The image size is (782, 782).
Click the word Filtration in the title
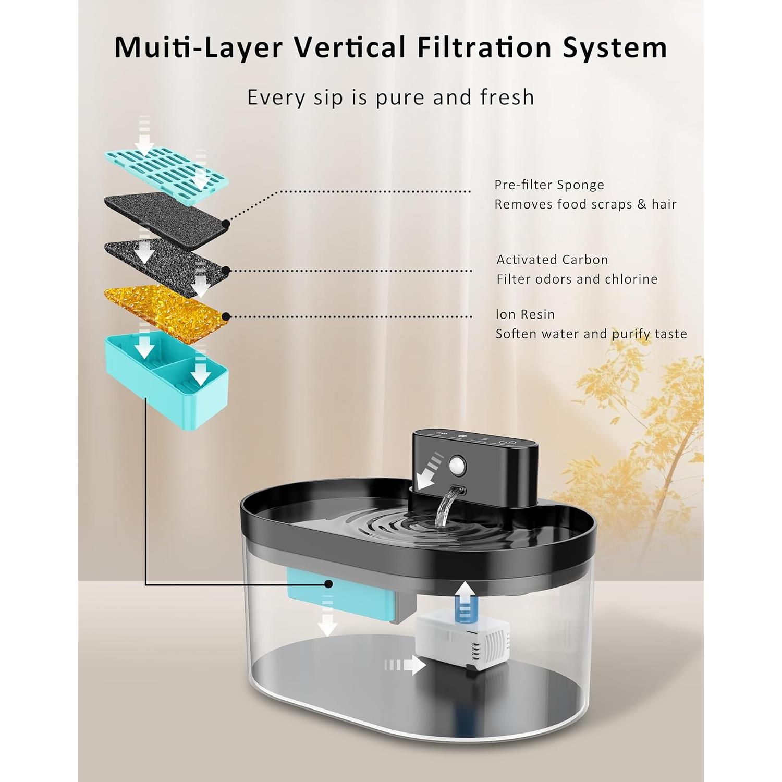pos(483,47)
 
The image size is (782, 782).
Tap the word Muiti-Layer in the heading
pos(199,47)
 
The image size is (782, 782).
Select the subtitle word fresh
pos(507,97)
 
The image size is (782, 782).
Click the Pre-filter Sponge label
pos(549,185)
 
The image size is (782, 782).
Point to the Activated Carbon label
pos(552,260)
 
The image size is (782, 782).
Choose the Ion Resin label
pos(525,314)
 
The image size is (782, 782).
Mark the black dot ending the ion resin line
pos(226,316)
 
